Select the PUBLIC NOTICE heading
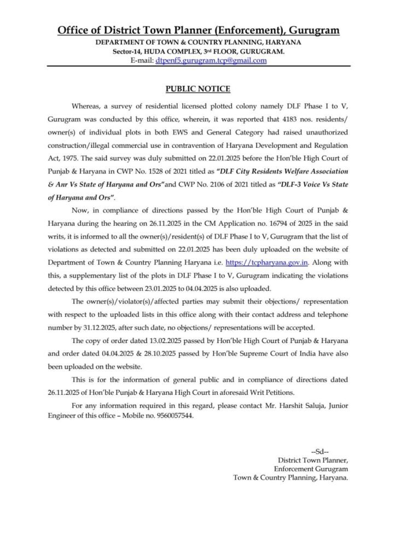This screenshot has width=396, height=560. coord(198,89)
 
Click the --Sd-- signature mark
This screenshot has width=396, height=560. coord(319,451)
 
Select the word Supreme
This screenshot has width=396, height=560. coord(271,354)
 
